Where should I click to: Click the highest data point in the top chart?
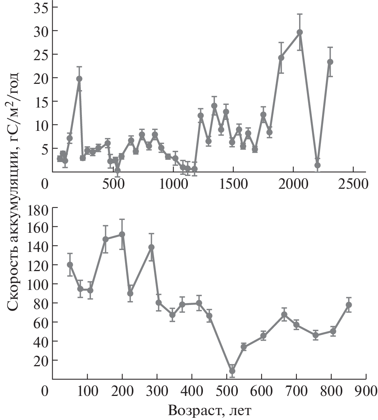click(299, 32)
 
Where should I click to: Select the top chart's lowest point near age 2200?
click(318, 165)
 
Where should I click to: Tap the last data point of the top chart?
click(330, 62)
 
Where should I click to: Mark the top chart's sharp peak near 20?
click(79, 79)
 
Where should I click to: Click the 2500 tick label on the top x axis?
click(353, 184)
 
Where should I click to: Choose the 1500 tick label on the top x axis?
click(233, 184)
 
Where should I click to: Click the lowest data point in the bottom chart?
click(232, 371)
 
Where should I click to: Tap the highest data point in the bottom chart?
click(122, 234)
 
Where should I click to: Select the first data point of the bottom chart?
click(70, 264)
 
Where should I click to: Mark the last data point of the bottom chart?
click(349, 305)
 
